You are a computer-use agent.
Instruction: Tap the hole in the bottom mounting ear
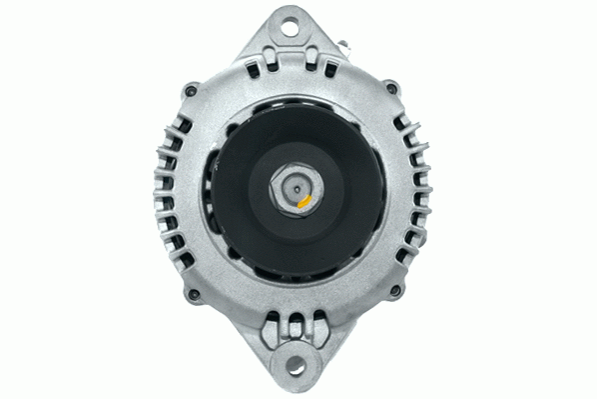(300, 374)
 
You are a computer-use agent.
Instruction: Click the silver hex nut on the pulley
(294, 187)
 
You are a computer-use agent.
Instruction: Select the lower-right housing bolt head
(397, 292)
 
